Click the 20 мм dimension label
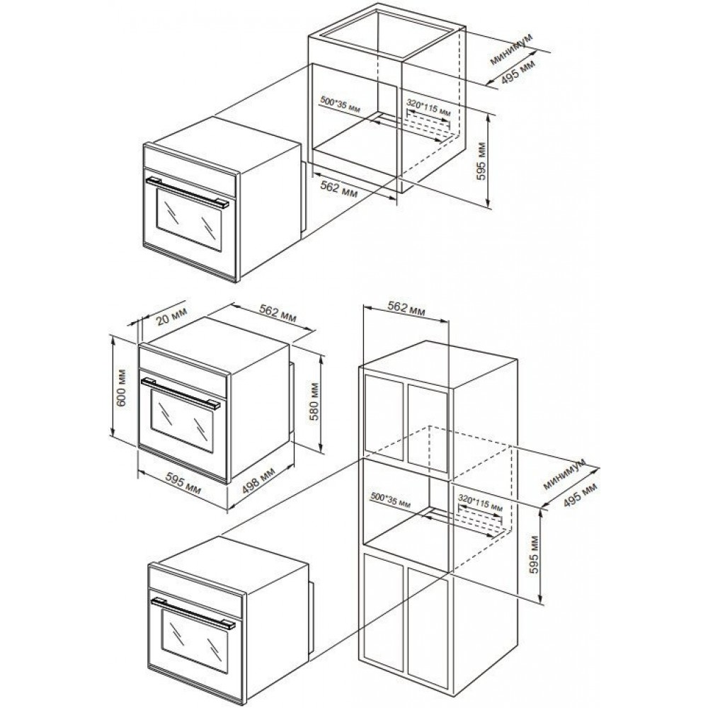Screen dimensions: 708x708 pyautogui.click(x=171, y=316)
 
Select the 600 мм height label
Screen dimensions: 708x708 pyautogui.click(x=122, y=387)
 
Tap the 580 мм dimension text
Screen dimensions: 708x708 pyautogui.click(x=314, y=401)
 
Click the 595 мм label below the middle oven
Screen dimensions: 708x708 pyautogui.click(x=183, y=483)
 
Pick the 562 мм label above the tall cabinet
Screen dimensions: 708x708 pyautogui.click(x=406, y=308)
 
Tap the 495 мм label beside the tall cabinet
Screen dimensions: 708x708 pyautogui.click(x=581, y=495)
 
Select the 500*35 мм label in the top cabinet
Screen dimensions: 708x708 pyautogui.click(x=341, y=103)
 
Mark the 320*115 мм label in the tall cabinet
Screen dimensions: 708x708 pyautogui.click(x=481, y=502)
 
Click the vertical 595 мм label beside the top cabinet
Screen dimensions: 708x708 pyautogui.click(x=481, y=161)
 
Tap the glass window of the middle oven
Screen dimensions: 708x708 pyautogui.click(x=181, y=421)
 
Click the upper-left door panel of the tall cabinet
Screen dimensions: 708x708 pyautogui.click(x=383, y=418)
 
